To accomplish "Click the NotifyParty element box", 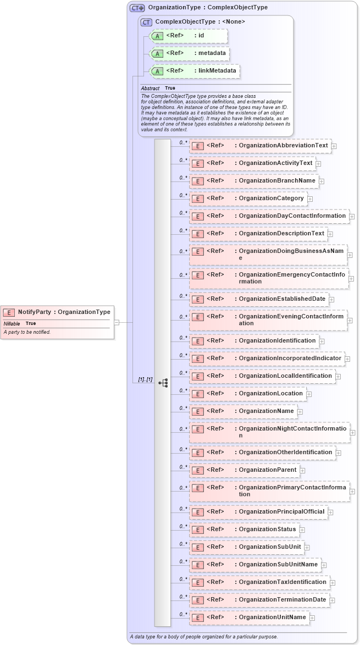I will (x=57, y=312).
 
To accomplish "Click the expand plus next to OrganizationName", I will (x=300, y=411).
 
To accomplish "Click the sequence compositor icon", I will (x=163, y=383).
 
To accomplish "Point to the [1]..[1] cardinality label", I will (x=145, y=380).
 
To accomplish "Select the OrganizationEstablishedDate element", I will (x=259, y=299).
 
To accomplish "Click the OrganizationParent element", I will (x=244, y=470).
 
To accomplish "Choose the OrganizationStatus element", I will (x=244, y=530).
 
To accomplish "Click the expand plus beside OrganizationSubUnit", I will (x=307, y=548).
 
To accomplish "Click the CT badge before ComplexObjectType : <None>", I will (x=146, y=22).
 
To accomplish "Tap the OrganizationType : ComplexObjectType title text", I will (x=208, y=8).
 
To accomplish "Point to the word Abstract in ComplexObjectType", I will (x=150, y=89).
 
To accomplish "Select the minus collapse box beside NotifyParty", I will (x=117, y=322).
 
